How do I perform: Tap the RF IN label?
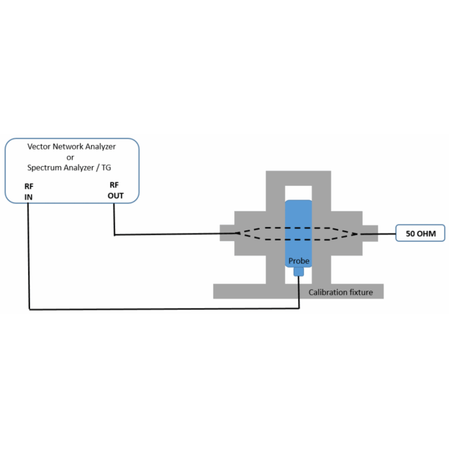click(29, 192)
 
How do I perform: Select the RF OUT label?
click(115, 190)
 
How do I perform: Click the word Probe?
click(299, 261)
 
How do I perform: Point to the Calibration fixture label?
click(341, 292)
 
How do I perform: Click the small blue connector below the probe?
click(298, 272)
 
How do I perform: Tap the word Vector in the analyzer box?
click(38, 147)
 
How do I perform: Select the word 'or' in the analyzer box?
click(71, 157)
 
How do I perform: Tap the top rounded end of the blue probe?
click(298, 204)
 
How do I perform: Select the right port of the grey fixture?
click(370, 233)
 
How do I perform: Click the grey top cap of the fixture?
click(298, 179)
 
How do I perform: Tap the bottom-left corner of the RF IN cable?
click(29, 309)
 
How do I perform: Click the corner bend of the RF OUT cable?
click(114, 234)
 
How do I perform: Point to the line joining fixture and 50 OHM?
click(387, 233)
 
